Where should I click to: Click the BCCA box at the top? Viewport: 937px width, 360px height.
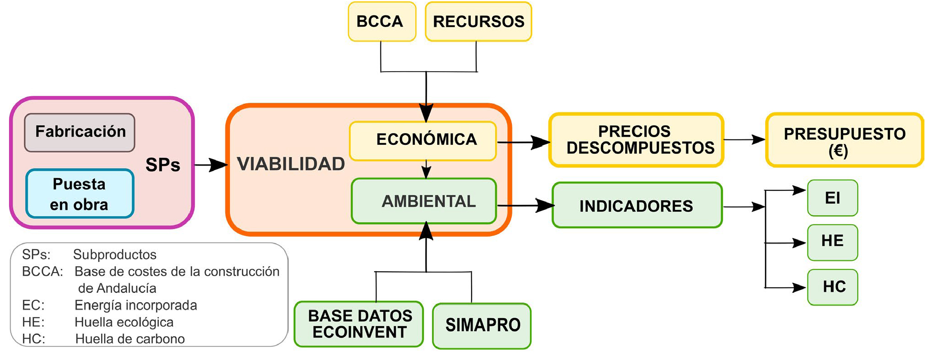(x=381, y=22)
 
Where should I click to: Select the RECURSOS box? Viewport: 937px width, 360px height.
(x=478, y=22)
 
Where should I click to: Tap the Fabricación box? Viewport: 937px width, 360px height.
(x=80, y=132)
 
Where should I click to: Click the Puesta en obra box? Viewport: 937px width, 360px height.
(x=80, y=194)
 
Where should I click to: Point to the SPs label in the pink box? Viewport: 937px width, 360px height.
(x=162, y=165)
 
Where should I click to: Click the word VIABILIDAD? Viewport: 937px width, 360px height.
(x=291, y=164)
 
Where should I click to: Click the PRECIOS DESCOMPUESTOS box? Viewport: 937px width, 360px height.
(x=636, y=140)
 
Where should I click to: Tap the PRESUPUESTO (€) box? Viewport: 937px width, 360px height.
(x=844, y=140)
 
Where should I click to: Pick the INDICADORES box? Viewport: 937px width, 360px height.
(x=636, y=206)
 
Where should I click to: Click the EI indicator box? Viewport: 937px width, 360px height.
(x=832, y=198)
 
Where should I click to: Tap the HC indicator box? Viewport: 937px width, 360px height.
(x=832, y=287)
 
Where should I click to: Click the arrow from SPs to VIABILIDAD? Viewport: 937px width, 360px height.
(x=210, y=165)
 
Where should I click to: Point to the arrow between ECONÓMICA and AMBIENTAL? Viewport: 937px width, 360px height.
(x=426, y=170)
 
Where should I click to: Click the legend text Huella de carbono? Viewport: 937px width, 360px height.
(x=130, y=339)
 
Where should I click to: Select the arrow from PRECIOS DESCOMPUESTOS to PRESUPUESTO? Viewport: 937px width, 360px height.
(x=744, y=140)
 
